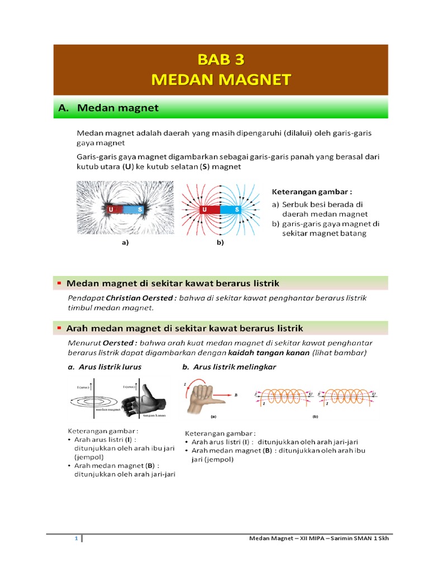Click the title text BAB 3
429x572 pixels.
coord(221,59)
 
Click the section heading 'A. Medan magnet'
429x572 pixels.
coord(108,108)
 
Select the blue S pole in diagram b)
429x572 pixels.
coord(237,209)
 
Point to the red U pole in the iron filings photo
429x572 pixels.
coord(111,209)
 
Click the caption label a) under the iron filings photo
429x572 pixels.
coord(125,242)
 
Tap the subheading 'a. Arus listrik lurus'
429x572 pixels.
coord(104,367)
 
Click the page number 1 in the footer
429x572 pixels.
coord(77,538)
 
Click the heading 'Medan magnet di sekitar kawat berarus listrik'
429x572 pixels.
coord(173,284)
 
